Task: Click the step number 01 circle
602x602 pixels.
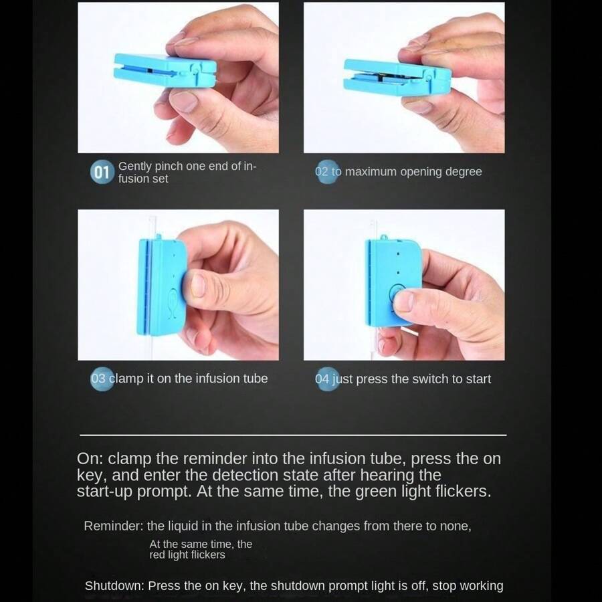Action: [102, 173]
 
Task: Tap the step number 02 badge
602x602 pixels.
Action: [327, 172]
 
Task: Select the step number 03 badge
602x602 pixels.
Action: [102, 379]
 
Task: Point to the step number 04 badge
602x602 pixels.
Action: [327, 379]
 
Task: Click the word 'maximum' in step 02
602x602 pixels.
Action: [371, 172]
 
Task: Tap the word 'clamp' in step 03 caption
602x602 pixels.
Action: [126, 379]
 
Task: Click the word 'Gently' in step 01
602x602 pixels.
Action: [134, 167]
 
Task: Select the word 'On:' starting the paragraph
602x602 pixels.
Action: [90, 458]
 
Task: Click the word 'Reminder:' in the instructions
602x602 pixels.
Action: [113, 526]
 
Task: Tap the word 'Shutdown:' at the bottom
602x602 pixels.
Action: [114, 586]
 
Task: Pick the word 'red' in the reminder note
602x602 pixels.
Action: [157, 555]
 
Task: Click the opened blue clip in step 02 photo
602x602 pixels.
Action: [397, 77]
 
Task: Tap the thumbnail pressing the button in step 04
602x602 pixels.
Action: [403, 302]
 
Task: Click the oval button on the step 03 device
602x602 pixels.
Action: [172, 303]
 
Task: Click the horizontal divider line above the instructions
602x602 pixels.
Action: [293, 435]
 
